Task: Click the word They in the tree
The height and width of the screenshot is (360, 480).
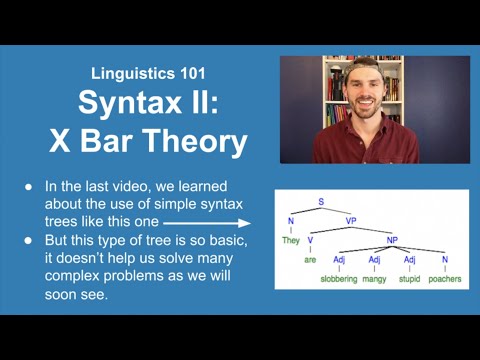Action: [291, 241]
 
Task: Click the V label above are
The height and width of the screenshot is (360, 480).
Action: [310, 240]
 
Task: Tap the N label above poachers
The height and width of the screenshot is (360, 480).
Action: [444, 259]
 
